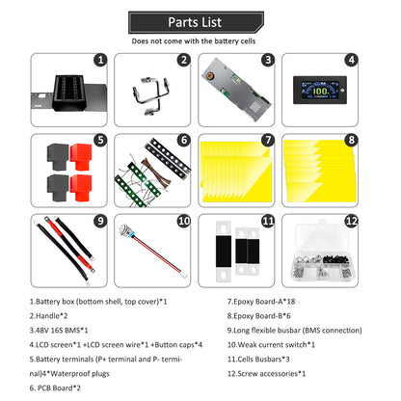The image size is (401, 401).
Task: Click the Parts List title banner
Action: (x=196, y=22)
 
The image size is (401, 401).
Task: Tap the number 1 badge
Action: (x=100, y=60)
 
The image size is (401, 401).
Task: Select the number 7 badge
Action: (x=268, y=140)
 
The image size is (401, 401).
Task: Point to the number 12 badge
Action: (x=352, y=221)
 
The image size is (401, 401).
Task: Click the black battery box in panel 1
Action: (x=69, y=93)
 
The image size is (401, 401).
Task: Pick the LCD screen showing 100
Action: (x=320, y=90)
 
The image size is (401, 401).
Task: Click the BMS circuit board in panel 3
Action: (x=236, y=89)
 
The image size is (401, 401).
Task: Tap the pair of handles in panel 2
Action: (x=151, y=94)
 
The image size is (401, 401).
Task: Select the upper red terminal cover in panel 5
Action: (x=81, y=156)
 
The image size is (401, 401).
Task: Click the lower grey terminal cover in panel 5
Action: (x=58, y=187)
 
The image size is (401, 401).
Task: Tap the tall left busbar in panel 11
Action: (x=224, y=251)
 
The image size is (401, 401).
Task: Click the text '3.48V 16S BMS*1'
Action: (x=59, y=331)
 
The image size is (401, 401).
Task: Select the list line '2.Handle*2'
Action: (x=48, y=316)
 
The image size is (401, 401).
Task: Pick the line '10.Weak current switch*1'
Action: (x=271, y=345)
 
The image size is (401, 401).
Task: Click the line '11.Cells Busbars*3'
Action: (x=258, y=360)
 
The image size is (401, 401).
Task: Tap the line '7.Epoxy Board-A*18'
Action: (x=261, y=302)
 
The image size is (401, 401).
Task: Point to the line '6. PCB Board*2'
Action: (x=55, y=388)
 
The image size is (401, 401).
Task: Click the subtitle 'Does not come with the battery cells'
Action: (x=194, y=41)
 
